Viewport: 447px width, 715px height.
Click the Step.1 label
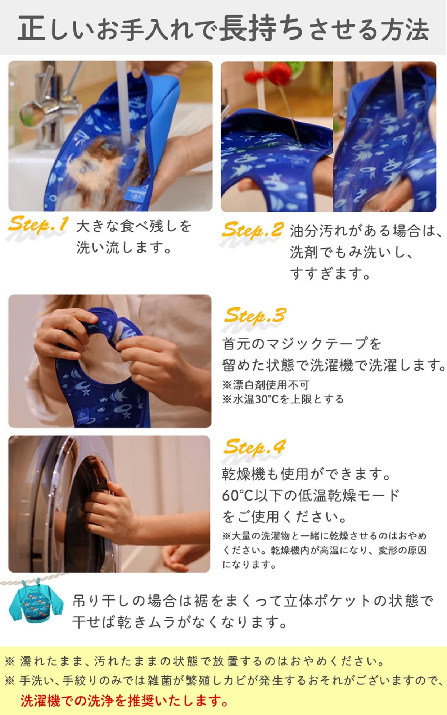[37, 225]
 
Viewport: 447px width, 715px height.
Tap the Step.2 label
[252, 230]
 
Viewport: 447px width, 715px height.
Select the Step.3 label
[254, 316]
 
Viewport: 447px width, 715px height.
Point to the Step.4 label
[254, 447]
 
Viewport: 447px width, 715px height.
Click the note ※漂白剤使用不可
[266, 385]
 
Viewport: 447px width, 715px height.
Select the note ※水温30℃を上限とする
[283, 399]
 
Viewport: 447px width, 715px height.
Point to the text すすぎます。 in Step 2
[330, 274]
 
